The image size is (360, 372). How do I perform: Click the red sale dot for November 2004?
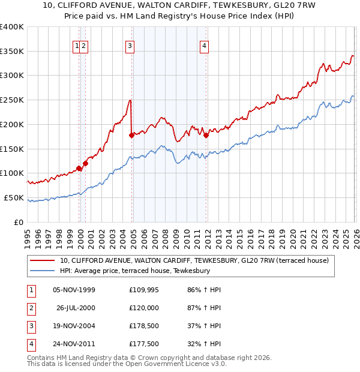(131, 135)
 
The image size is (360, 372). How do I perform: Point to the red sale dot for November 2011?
(206, 135)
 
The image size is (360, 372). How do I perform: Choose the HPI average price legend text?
(135, 271)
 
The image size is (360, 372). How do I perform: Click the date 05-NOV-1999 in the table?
(74, 290)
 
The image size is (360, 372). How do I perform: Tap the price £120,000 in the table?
(144, 308)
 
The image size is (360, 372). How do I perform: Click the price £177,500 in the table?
(144, 344)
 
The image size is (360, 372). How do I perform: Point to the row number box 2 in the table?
(31, 308)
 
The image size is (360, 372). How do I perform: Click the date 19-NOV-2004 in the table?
(74, 326)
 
